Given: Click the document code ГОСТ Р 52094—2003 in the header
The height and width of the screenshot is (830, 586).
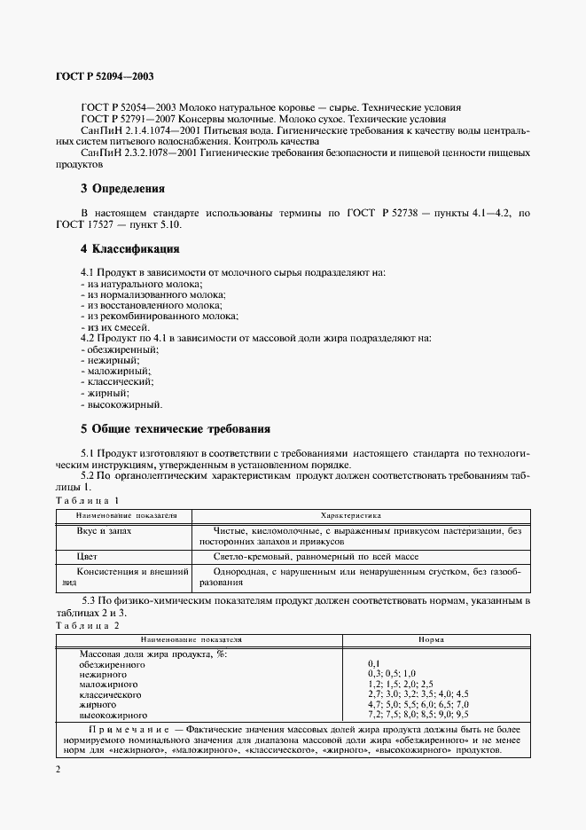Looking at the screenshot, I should click(x=105, y=78).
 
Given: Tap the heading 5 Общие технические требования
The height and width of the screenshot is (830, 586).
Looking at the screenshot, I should click(x=175, y=428).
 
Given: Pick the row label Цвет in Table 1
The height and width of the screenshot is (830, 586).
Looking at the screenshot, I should click(x=89, y=556).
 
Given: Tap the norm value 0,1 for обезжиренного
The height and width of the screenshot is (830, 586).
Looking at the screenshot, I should click(x=373, y=663).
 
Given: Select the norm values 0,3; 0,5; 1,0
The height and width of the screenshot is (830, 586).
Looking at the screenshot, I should click(x=391, y=674).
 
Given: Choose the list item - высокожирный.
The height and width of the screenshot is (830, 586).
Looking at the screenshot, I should click(x=121, y=404).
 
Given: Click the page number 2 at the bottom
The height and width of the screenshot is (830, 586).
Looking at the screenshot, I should click(x=58, y=769).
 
